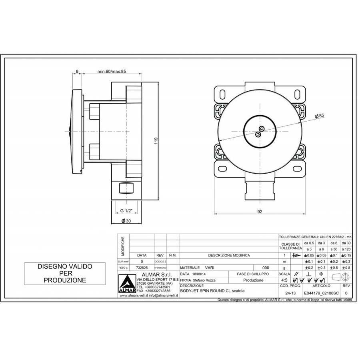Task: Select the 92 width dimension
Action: [260, 212]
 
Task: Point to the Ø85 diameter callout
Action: [319, 116]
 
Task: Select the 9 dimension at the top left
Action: [76, 72]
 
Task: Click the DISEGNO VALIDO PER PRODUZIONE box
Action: [65, 273]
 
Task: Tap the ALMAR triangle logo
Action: [127, 285]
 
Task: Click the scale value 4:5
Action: [284, 280]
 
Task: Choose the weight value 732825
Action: [142, 268]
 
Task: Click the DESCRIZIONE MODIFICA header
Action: [229, 255]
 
